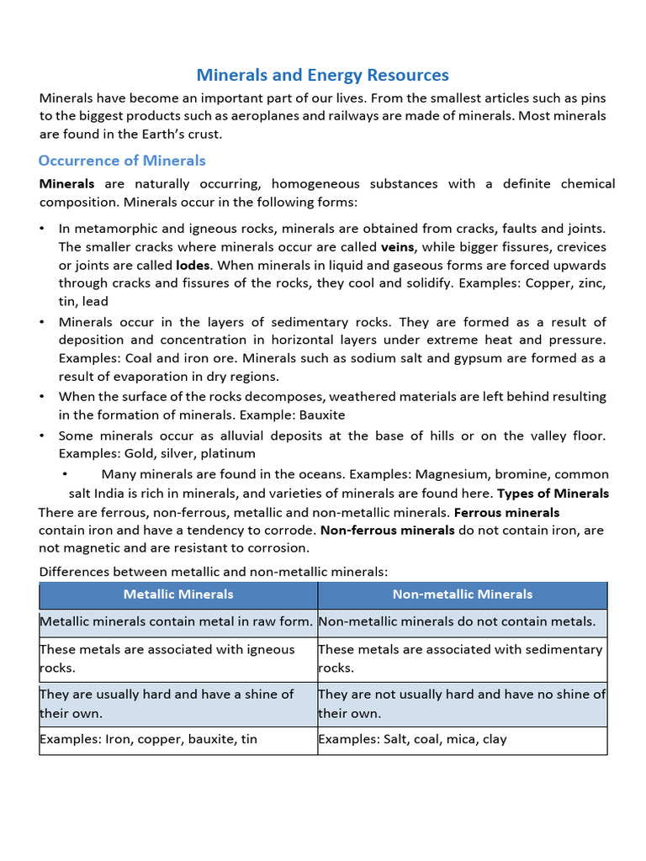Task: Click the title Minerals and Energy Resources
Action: (323, 76)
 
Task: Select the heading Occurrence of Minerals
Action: (122, 161)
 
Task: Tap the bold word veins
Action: (399, 247)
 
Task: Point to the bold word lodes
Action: (193, 266)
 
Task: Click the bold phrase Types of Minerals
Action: (553, 494)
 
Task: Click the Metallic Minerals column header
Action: (178, 594)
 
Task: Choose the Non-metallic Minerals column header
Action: (462, 594)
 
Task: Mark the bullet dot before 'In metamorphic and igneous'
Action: (43, 230)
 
